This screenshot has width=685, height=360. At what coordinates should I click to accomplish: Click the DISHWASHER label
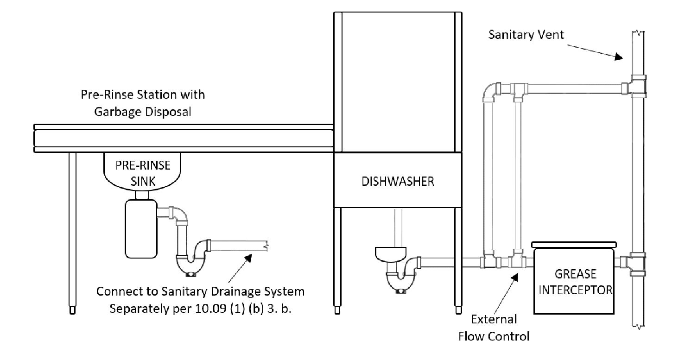(398, 181)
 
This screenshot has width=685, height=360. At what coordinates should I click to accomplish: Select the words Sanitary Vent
(526, 34)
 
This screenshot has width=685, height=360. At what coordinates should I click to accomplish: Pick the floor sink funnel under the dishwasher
(390, 254)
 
